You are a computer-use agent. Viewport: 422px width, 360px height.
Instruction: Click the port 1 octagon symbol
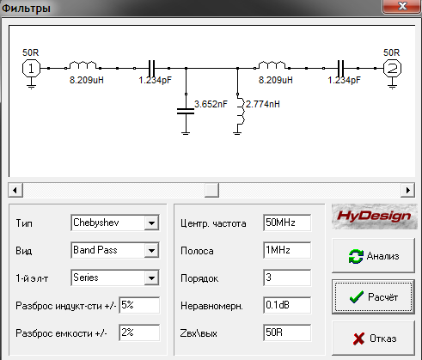pos(31,69)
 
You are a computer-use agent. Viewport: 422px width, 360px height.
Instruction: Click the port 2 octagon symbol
pos(392,69)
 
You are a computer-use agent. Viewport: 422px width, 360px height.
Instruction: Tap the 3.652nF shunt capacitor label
pos(211,104)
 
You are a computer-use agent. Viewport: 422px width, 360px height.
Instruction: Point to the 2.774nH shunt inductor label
pos(263,104)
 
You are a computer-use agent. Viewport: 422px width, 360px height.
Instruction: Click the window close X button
pos(402,6)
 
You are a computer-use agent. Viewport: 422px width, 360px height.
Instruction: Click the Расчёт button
pos(373,297)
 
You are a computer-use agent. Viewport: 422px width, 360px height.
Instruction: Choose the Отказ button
pos(373,339)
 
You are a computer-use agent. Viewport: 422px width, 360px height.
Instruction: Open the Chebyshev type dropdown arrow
pos(151,223)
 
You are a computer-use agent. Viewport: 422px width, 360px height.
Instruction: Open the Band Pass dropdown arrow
pos(151,250)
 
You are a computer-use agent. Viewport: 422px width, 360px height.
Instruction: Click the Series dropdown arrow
pos(151,278)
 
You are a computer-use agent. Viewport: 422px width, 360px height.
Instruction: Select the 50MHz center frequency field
pos(287,223)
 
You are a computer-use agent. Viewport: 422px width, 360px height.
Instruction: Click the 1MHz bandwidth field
pos(287,250)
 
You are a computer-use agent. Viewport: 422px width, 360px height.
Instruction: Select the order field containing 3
pos(287,278)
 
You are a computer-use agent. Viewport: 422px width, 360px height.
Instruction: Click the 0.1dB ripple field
pos(287,305)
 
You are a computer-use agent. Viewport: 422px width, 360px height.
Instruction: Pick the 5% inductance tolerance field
pos(139,305)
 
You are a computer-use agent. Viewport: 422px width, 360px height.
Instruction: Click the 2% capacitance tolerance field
pos(139,333)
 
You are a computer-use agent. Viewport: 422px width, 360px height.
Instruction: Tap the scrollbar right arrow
pos(408,190)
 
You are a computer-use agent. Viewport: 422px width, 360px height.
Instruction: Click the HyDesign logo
pos(375,217)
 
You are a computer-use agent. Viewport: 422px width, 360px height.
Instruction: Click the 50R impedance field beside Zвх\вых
pos(287,333)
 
